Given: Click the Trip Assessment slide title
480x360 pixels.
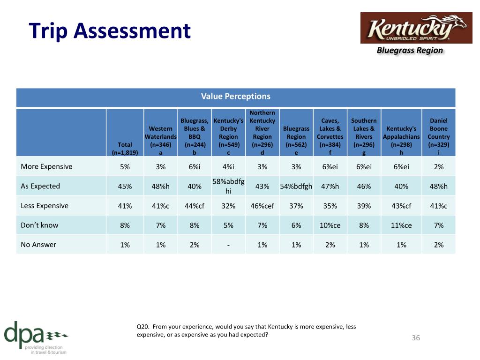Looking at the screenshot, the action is (110, 31).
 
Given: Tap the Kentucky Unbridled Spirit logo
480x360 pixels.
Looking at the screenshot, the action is (416, 28).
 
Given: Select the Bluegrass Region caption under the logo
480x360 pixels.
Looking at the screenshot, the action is (410, 50).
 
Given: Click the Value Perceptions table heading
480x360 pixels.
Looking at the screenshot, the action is (236, 97).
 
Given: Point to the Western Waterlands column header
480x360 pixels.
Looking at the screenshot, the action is (160, 141).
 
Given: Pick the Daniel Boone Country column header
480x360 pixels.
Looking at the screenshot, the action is (438, 136).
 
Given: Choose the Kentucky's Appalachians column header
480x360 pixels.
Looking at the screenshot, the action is (401, 141).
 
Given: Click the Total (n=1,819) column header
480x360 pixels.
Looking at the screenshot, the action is (125, 149).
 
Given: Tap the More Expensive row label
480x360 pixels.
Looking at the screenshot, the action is (46, 166).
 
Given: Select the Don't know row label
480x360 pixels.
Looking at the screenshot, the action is (39, 225).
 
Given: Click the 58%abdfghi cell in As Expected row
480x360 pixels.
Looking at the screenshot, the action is (228, 186).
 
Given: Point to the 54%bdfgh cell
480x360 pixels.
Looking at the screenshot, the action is (296, 187).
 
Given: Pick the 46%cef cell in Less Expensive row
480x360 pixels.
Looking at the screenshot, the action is (262, 206).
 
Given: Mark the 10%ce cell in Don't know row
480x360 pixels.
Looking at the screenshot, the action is (330, 225).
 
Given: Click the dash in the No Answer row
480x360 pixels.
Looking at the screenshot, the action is (228, 245).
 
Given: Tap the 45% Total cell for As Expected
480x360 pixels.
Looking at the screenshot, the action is (125, 187).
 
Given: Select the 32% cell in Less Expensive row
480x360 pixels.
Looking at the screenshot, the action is (228, 206).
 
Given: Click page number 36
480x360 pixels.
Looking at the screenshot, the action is (416, 337).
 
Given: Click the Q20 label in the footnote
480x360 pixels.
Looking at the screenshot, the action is (142, 327).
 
